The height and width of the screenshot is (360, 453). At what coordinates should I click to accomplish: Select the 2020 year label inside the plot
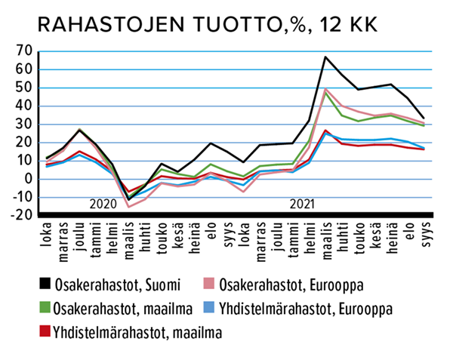(x=105, y=205)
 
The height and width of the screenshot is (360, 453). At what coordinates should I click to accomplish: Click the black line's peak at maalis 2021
(x=325, y=57)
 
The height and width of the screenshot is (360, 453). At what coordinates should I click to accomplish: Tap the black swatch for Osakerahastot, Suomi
(x=47, y=284)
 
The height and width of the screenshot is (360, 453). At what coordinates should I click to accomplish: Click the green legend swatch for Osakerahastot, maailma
(x=47, y=307)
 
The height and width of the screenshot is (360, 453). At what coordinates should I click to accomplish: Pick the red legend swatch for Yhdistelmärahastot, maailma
(x=47, y=331)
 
